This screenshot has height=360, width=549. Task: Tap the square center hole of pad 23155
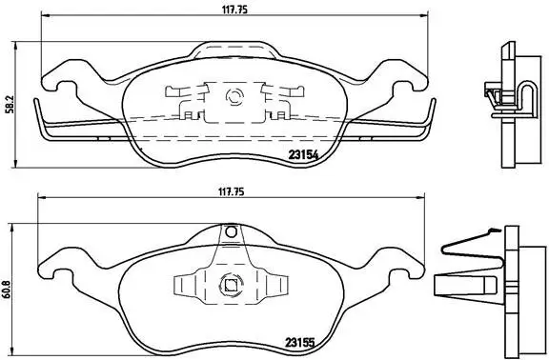pos(230,283)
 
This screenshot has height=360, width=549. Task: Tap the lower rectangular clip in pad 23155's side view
pos(458,285)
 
